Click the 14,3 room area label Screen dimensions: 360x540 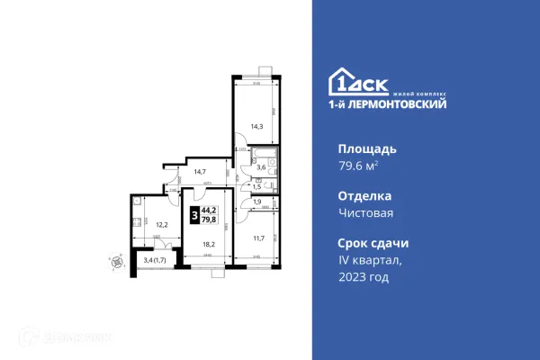[256, 126]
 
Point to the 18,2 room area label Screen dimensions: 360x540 [208, 244]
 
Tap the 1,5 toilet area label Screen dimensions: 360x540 [256, 186]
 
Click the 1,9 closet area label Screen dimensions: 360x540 [256, 202]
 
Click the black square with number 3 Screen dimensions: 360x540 [194, 216]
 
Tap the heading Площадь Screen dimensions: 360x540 [366, 148]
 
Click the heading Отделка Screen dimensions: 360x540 [364, 196]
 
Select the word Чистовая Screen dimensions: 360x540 [365, 214]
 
